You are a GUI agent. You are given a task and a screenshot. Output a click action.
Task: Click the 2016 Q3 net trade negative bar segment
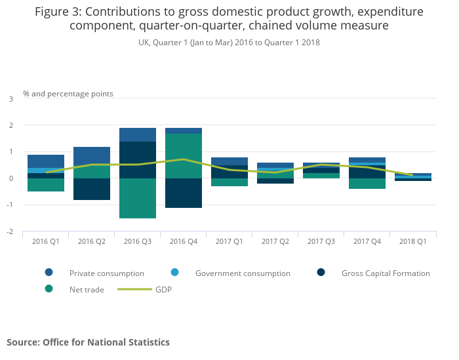pos(138,198)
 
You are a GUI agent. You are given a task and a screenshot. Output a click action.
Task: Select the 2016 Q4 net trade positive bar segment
pos(184,156)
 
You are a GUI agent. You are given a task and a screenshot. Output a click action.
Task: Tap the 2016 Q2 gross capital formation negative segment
pos(92,189)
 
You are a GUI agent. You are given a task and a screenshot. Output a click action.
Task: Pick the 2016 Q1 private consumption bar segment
pos(46,161)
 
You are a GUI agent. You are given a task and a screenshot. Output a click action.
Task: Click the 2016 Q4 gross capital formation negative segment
pos(184,193)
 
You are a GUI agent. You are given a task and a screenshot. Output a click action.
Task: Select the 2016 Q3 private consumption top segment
pos(138,134)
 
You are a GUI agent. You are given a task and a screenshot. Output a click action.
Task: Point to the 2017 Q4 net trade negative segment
pos(367,184)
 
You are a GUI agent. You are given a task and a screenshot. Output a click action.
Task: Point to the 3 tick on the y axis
pos(10,99)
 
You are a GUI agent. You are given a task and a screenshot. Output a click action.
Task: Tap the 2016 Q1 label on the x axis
pos(46,241)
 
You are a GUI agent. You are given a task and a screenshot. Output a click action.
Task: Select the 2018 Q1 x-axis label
pos(413,241)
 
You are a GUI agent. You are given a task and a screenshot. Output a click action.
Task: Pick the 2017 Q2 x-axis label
pos(275,241)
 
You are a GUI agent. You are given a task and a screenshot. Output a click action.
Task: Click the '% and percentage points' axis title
pos(68,94)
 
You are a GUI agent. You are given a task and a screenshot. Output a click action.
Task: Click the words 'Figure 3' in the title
pos(58,12)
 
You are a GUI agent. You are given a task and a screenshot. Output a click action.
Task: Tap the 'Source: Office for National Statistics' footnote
pos(88,342)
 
